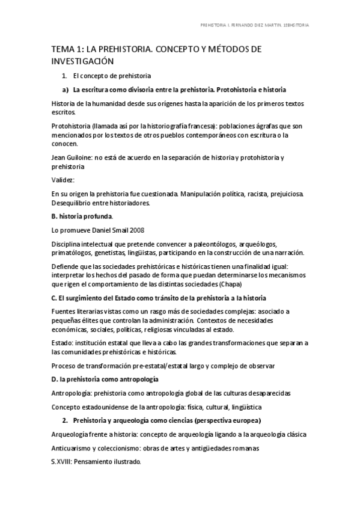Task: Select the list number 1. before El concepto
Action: click(x=65, y=76)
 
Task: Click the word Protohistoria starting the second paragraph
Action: click(x=70, y=126)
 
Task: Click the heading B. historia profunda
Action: click(x=81, y=216)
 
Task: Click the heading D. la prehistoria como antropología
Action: click(x=105, y=379)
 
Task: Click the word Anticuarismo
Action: click(x=76, y=448)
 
